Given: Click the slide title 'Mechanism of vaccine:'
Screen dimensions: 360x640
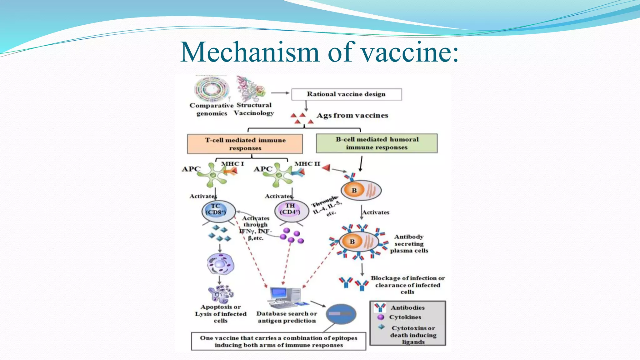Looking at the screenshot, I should coord(319,52).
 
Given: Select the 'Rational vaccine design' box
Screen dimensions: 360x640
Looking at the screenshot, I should coord(346,94).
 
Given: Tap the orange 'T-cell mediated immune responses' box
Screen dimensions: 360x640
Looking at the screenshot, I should coord(245,144).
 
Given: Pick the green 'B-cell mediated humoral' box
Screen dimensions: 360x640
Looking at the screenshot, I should coord(377,143).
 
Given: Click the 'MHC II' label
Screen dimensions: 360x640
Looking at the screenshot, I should coord(307,164).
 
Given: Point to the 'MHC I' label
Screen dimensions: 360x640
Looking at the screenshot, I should coord(232,164).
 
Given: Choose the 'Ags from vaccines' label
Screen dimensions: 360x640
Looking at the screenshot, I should coord(352,115).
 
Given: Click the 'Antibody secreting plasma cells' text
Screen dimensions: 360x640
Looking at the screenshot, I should coord(409,243).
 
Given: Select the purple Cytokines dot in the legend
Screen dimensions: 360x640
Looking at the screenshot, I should coord(380,317).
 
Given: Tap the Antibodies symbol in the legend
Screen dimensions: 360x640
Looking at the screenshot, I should coord(380,307).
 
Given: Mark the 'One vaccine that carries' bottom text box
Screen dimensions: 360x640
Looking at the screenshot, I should coord(278,341).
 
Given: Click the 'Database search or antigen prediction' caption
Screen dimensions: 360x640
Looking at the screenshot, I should coord(287,317).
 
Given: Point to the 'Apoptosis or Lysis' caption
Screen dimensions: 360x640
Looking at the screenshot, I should coord(221,314).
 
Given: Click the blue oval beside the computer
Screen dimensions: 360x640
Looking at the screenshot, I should coord(341,314).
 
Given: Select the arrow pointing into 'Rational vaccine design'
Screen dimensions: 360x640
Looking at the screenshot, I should coord(280,93).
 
